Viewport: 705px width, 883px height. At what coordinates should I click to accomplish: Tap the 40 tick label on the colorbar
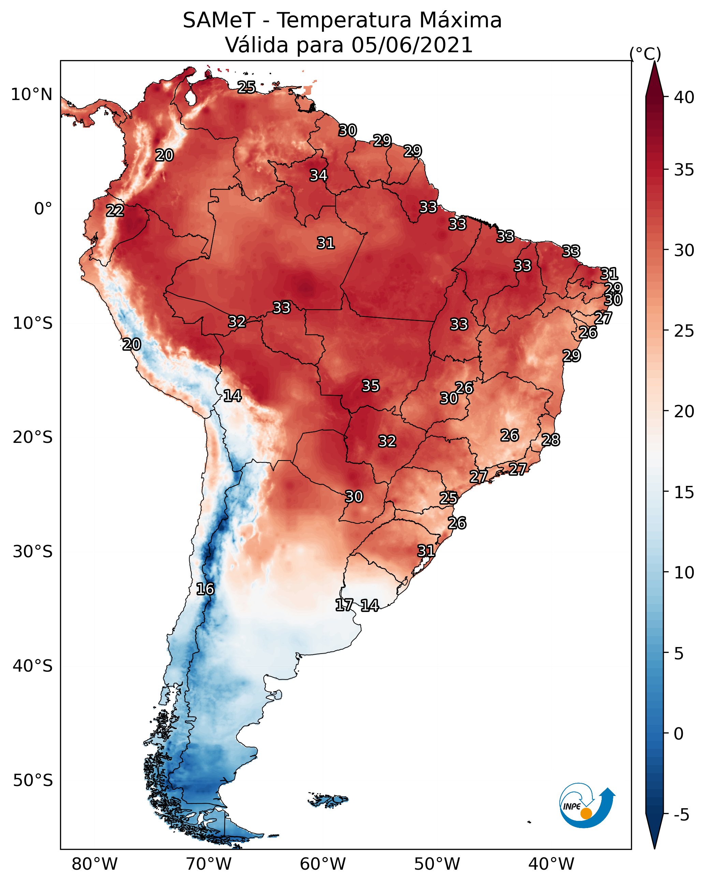[684, 97]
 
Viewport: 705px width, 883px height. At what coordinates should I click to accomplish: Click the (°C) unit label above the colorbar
[645, 53]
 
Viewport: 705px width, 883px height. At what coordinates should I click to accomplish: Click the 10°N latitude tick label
[31, 95]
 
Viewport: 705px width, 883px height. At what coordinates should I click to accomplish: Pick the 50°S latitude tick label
[33, 781]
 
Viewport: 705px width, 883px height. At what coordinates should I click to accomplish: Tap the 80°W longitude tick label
[94, 864]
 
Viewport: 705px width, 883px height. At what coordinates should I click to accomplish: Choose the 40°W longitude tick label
[551, 864]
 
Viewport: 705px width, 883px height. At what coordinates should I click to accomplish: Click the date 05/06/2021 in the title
[412, 45]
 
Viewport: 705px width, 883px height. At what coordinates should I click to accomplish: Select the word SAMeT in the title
[219, 20]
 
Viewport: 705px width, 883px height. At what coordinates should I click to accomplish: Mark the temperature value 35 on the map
[371, 386]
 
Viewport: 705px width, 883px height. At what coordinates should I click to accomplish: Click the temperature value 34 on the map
[318, 175]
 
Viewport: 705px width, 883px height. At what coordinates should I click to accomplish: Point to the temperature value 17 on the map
[344, 605]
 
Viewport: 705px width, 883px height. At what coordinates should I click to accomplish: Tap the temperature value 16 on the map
[205, 589]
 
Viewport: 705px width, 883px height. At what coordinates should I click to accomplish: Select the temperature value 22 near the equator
[115, 211]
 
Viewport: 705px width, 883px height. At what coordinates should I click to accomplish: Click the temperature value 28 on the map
[551, 440]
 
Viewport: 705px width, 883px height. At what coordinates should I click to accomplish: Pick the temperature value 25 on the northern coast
[247, 87]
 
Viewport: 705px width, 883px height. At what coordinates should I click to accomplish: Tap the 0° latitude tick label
[43, 209]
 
